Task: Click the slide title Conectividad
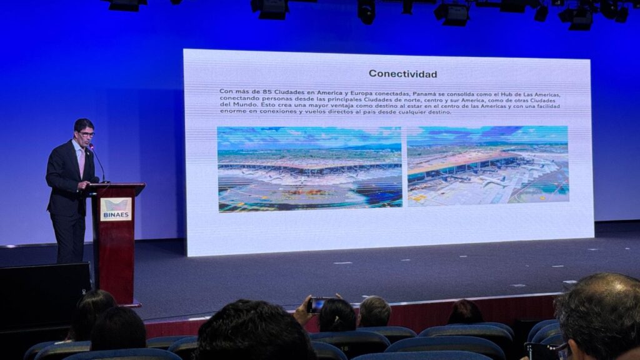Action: pos(403,74)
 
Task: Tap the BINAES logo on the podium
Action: pos(116,209)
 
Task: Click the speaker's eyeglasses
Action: pos(86,134)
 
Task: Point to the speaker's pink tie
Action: pos(82,162)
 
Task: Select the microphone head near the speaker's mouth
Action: pos(91,146)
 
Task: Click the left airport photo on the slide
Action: pos(310,169)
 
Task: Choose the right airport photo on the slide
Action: pos(487,166)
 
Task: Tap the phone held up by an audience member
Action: pos(317,304)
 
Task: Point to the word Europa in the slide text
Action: pos(361,94)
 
